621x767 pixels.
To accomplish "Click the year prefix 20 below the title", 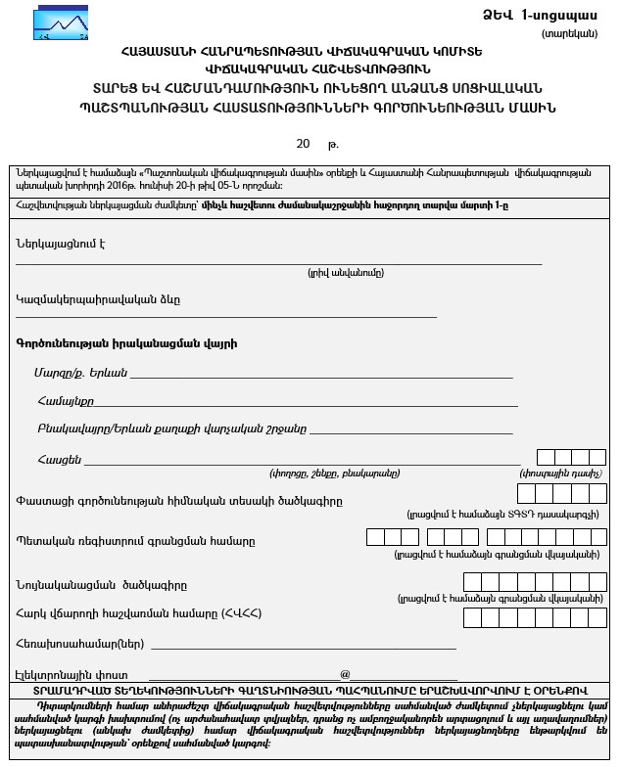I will (303, 144).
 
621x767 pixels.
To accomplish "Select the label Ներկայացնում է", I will (61, 243).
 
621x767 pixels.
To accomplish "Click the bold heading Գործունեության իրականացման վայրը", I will (125, 343).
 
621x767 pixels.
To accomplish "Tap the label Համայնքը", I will (65, 400).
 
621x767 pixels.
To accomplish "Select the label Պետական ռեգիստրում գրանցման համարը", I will (135, 540).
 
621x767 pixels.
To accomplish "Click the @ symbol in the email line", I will (345, 674).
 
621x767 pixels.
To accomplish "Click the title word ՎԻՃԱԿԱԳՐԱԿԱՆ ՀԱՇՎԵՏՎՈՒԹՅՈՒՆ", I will (310, 69).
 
